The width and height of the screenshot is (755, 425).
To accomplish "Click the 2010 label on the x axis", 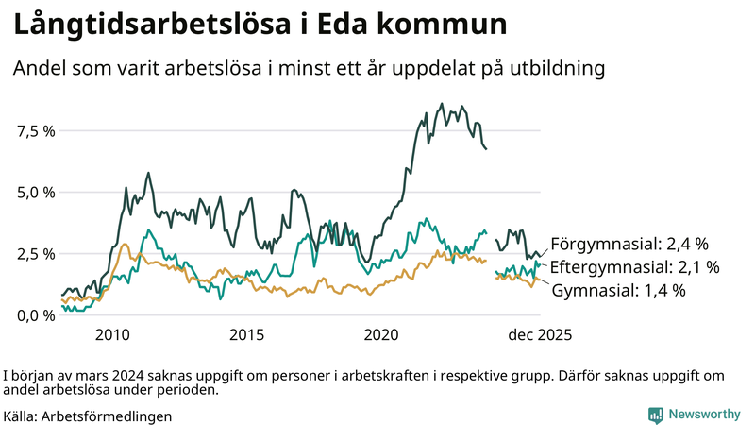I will click(x=112, y=334).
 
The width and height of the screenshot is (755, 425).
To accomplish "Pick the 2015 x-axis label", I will click(x=247, y=334).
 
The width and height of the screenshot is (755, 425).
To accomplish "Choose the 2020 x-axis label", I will click(x=382, y=334).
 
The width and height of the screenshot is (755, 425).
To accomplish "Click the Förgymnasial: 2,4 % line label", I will click(x=629, y=243).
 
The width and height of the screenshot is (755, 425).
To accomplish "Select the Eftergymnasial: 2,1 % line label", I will click(x=635, y=266).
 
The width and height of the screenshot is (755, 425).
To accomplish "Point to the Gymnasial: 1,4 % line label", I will click(x=618, y=290).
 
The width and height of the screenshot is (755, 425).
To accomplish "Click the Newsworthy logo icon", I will click(x=655, y=415).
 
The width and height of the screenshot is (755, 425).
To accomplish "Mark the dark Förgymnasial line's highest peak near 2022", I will click(x=442, y=104).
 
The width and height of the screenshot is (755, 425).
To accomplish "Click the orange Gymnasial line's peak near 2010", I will click(x=125, y=245).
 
